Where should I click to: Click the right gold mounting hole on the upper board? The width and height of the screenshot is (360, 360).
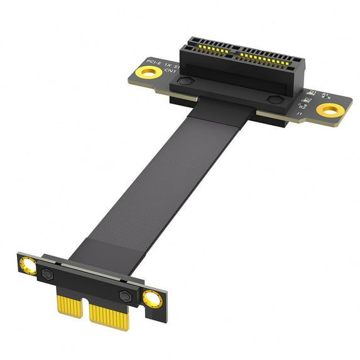pos(330,111)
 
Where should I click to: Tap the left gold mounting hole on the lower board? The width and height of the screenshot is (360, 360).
pos(28,264)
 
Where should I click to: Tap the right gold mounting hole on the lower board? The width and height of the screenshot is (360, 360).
pos(151,299)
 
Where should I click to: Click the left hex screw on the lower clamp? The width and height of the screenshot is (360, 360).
pos(48,274)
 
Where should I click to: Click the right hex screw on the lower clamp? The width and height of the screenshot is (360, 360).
pos(125,296)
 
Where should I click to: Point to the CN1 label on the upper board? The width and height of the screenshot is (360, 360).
pos(170,72)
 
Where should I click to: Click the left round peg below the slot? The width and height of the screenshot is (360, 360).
pos(183,81)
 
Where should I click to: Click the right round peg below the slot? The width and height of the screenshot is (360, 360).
pos(274,99)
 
